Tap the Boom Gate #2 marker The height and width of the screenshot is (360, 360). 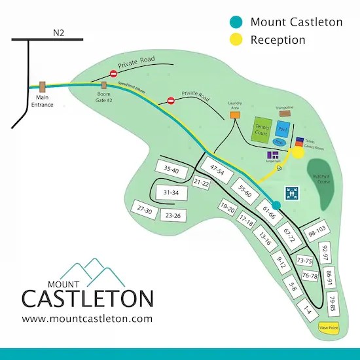tap(105, 85)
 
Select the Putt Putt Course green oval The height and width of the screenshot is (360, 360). tap(321, 177)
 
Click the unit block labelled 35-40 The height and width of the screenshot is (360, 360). tap(172, 170)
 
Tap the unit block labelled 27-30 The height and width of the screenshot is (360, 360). tap(145, 210)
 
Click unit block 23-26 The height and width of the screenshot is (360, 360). tap(173, 215)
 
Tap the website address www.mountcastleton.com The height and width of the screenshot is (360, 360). tap(87, 319)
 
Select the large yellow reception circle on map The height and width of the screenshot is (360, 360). tap(297, 153)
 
